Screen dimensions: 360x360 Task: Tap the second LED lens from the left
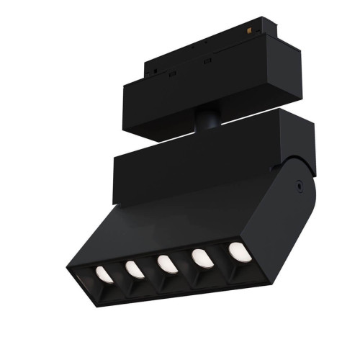click(x=132, y=269)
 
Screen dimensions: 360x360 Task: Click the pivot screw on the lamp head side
click(x=297, y=184)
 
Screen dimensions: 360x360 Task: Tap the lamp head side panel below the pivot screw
click(x=288, y=216)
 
